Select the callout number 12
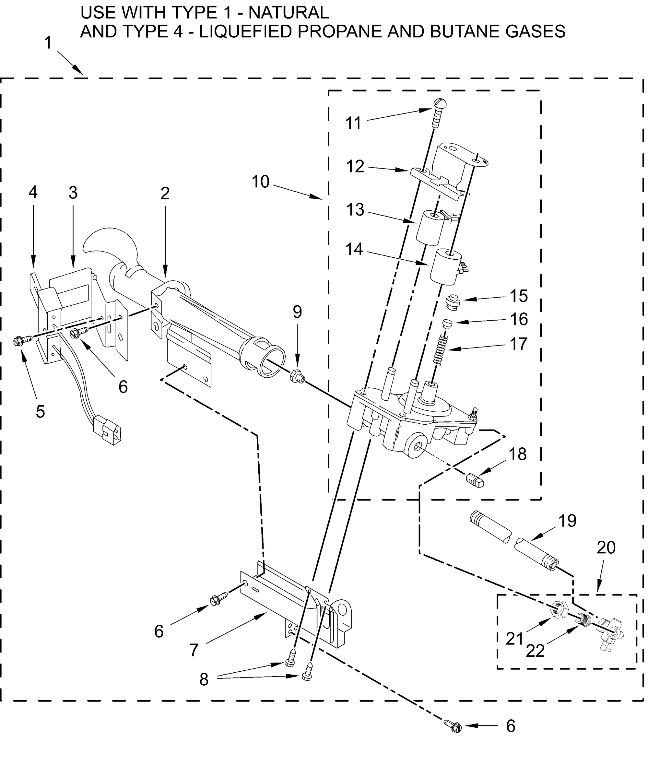point(355,167)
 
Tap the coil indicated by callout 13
point(430,228)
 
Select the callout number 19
point(567,521)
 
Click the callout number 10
point(260,182)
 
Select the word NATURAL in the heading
point(288,13)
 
